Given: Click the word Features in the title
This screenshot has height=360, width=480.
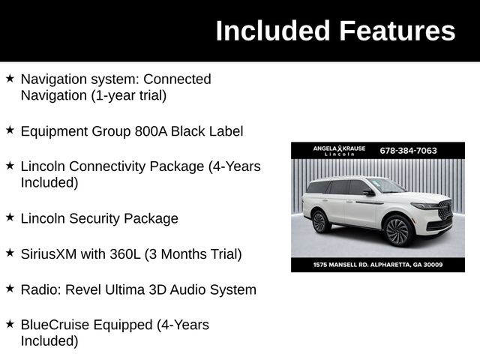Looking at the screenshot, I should pyautogui.click(x=397, y=31).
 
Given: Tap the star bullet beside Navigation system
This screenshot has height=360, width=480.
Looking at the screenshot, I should pyautogui.click(x=10, y=78).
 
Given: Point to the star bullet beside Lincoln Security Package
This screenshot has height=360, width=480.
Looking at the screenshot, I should pyautogui.click(x=10, y=217).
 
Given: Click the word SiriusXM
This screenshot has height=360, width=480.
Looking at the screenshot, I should pyautogui.click(x=49, y=254).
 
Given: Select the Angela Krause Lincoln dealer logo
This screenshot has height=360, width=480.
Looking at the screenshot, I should pyautogui.click(x=339, y=151).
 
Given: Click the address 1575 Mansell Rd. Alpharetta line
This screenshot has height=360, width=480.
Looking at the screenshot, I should pyautogui.click(x=377, y=265).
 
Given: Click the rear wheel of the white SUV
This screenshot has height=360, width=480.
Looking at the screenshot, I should pyautogui.click(x=319, y=221).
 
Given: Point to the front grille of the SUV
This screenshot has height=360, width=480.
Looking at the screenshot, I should pyautogui.click(x=445, y=211).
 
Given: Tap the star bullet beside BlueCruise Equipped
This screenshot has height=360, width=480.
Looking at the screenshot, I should pyautogui.click(x=10, y=324).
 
